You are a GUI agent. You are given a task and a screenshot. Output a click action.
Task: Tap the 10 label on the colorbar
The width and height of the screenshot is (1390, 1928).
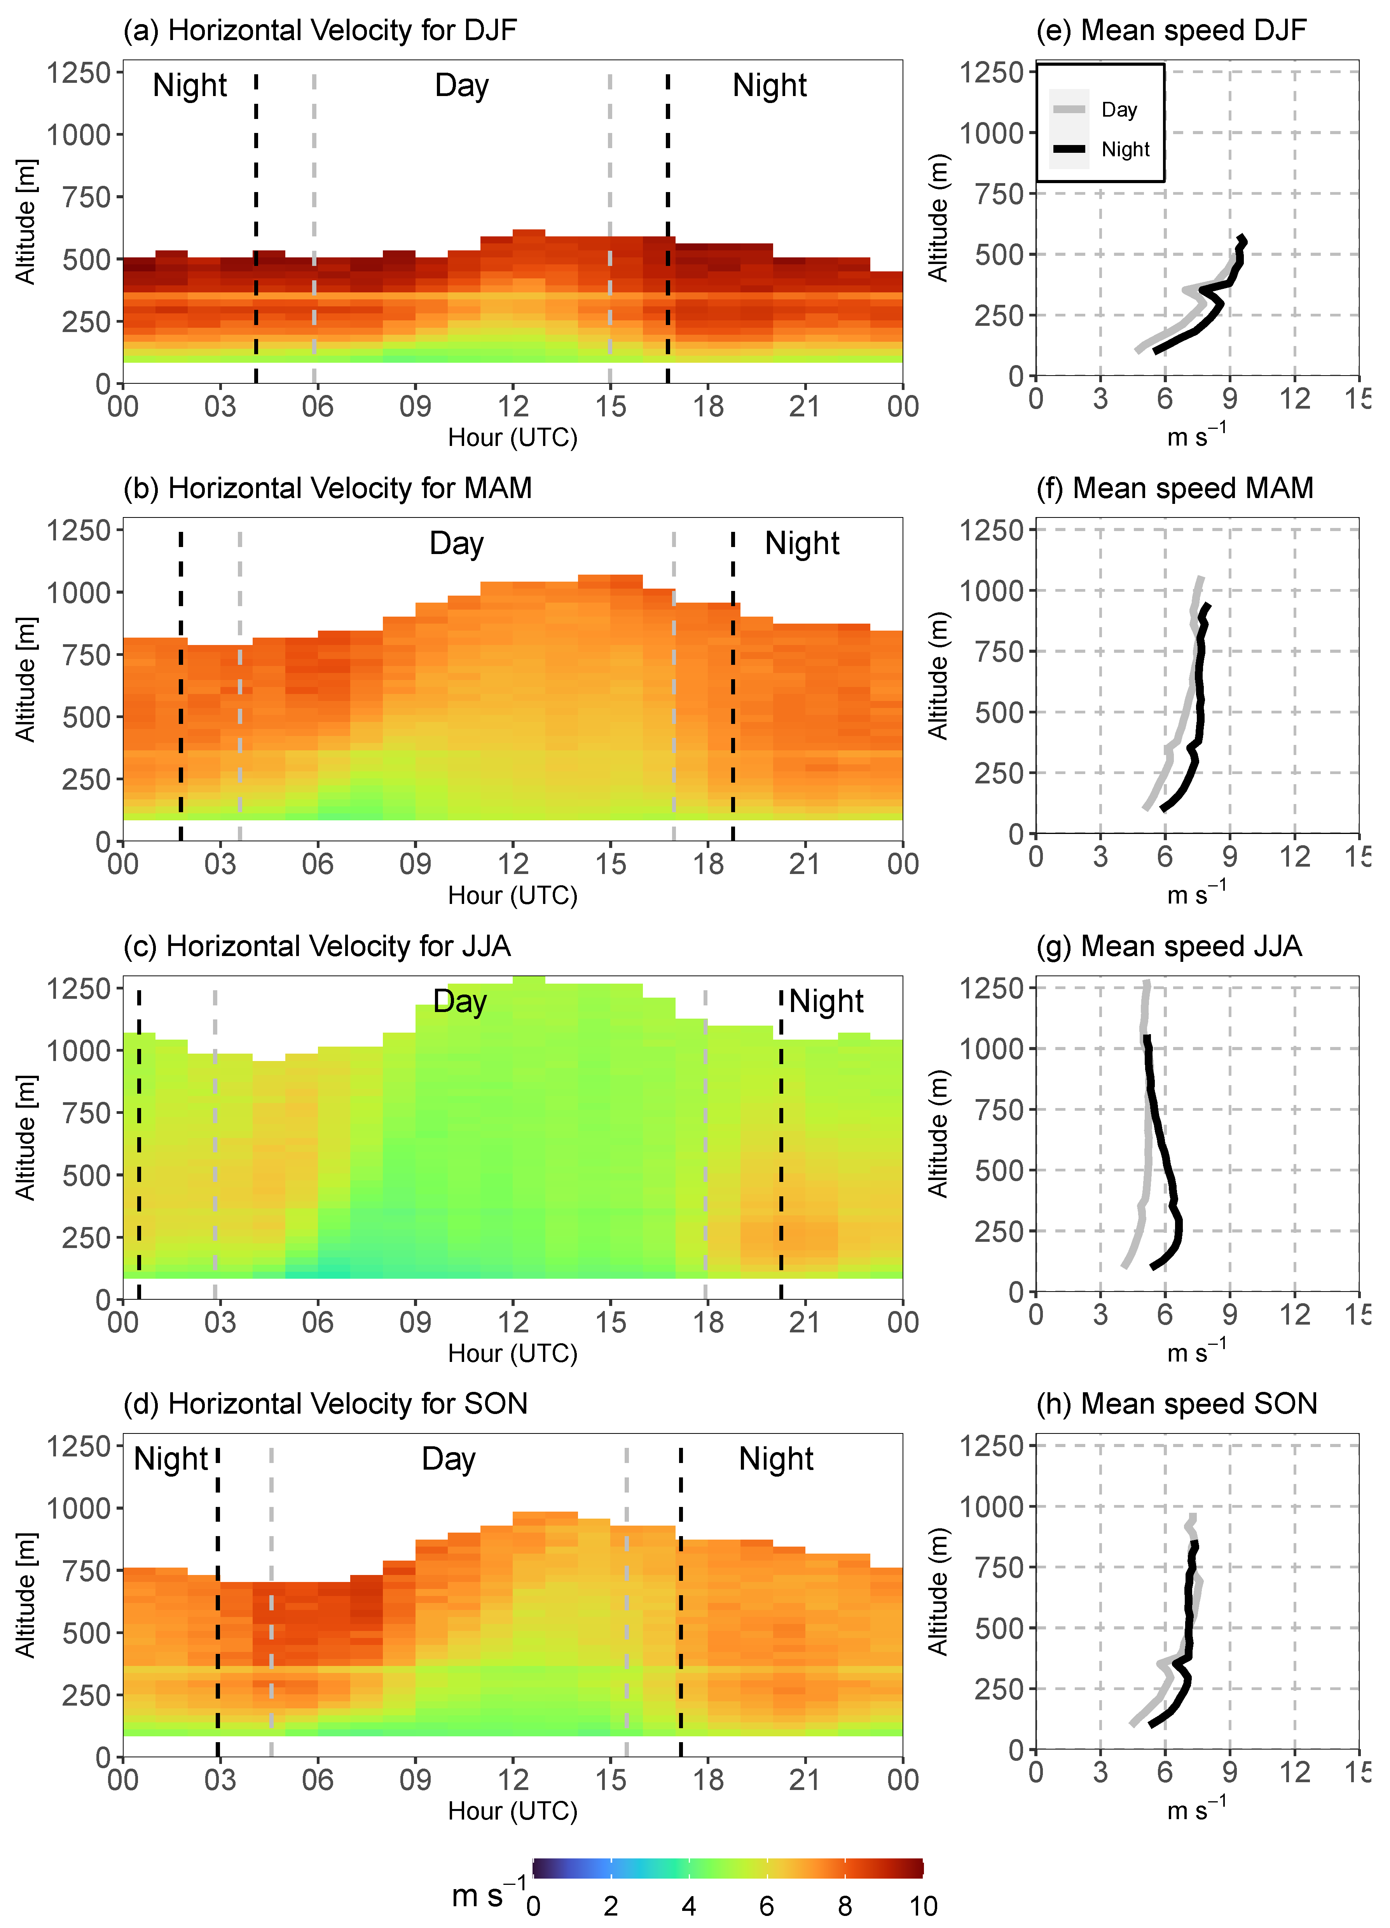(x=922, y=1906)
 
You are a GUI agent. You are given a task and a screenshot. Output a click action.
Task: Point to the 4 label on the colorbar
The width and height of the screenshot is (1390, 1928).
(x=689, y=1906)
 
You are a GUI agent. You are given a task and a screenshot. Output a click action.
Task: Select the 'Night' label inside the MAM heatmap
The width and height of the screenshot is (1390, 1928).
(x=802, y=543)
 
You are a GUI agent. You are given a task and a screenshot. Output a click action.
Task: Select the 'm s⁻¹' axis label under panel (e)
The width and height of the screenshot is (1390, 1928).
(x=1195, y=436)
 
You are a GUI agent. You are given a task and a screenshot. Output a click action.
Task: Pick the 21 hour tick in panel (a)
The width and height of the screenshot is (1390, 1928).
(x=804, y=406)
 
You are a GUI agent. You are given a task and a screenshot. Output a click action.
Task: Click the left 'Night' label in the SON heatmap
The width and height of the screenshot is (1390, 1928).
(x=171, y=1459)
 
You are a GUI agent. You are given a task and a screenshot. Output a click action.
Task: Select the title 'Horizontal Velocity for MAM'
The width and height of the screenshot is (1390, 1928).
(x=327, y=488)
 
